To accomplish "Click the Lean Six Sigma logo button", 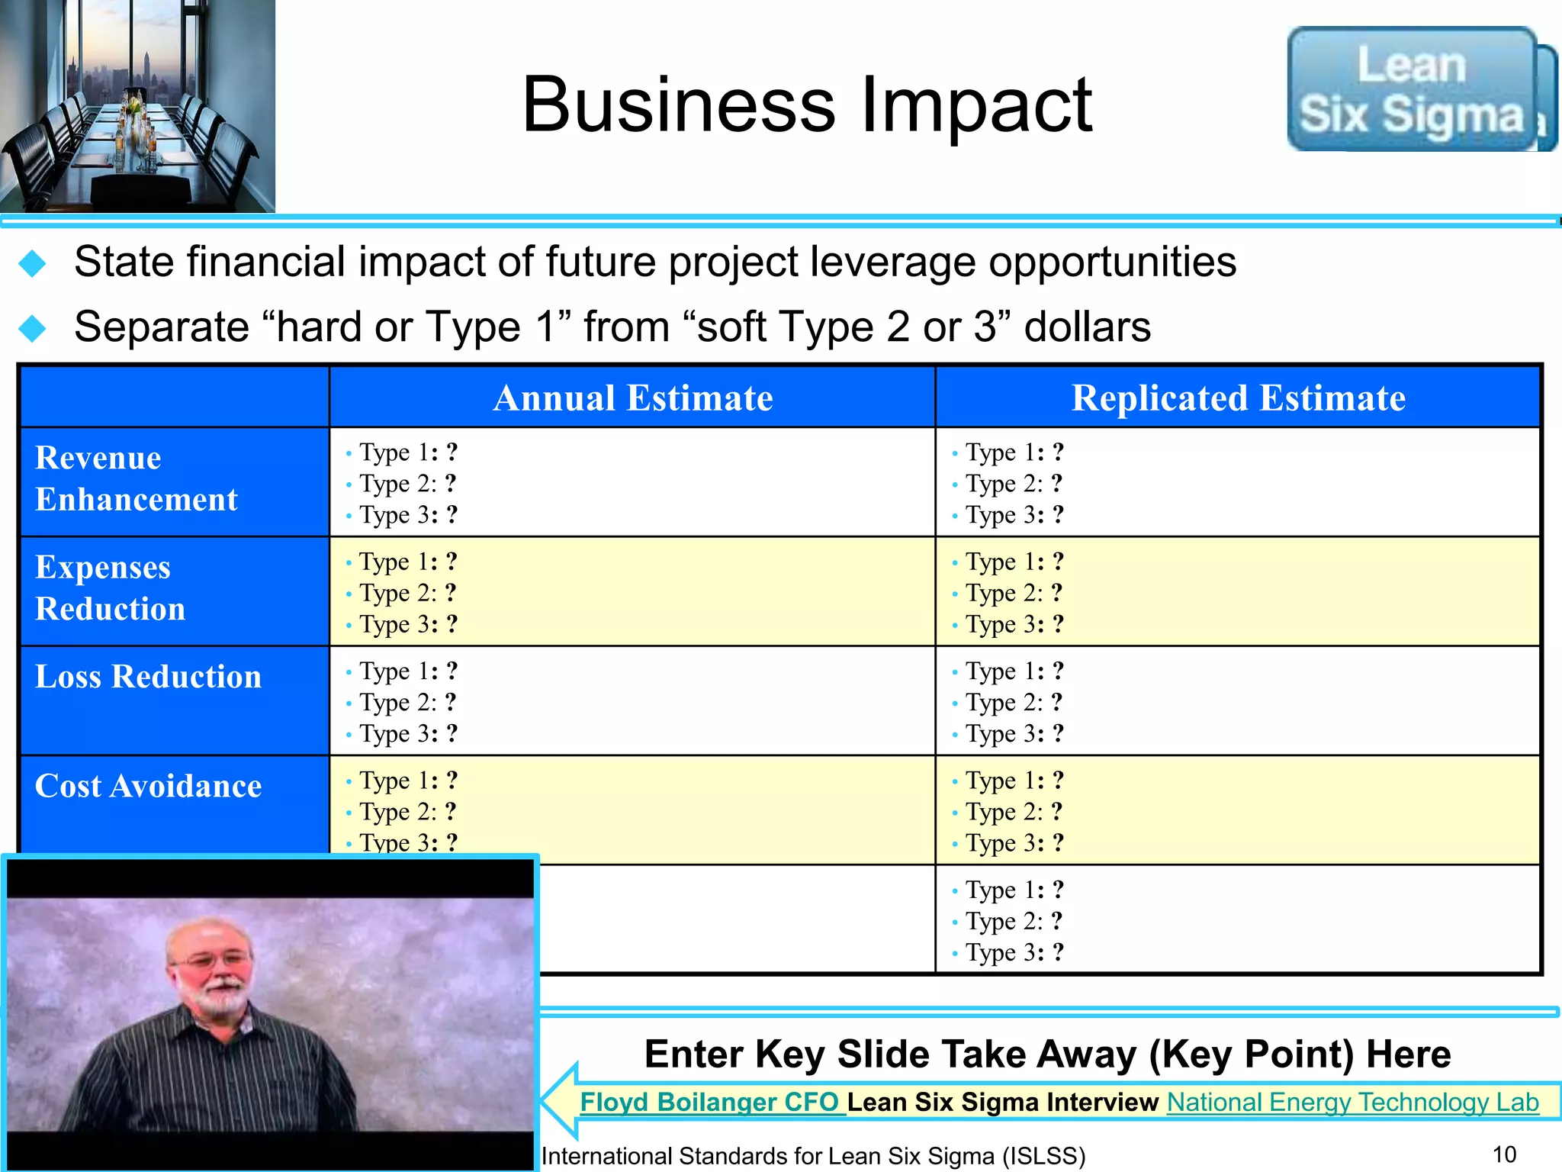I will point(1412,89).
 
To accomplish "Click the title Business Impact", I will point(807,105).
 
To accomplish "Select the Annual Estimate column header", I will point(632,398).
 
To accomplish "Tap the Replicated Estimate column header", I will point(1238,398).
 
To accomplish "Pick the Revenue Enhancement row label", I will point(137,478).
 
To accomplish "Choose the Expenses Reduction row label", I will point(111,588).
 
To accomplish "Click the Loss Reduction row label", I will point(148,677).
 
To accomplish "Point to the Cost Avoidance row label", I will point(148,786).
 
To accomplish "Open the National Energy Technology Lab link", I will point(1352,1102).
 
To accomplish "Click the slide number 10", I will point(1504,1154).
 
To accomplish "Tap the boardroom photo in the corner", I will point(137,106).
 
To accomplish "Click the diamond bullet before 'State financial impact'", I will point(33,263).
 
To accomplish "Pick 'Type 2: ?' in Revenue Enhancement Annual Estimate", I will point(407,484).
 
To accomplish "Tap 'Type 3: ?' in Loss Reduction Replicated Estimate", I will point(1014,734).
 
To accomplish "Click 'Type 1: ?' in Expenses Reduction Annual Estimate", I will point(407,562).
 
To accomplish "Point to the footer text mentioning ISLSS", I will point(813,1156).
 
